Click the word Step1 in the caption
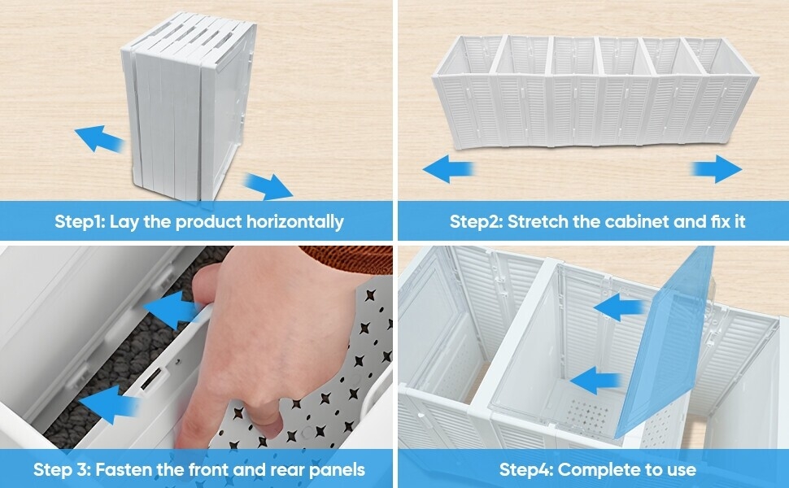click(x=80, y=221)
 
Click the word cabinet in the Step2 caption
click(x=637, y=221)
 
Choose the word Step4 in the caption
click(x=526, y=470)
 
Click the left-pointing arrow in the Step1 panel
click(x=99, y=138)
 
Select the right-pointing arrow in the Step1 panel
click(x=268, y=185)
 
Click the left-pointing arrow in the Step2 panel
click(x=448, y=169)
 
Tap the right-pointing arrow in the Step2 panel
click(x=717, y=169)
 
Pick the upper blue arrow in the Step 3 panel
click(x=171, y=309)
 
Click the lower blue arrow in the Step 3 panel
click(x=109, y=404)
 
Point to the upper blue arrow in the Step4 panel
click(x=619, y=307)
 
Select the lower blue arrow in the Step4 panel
click(x=595, y=381)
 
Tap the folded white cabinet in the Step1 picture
click(x=189, y=106)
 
